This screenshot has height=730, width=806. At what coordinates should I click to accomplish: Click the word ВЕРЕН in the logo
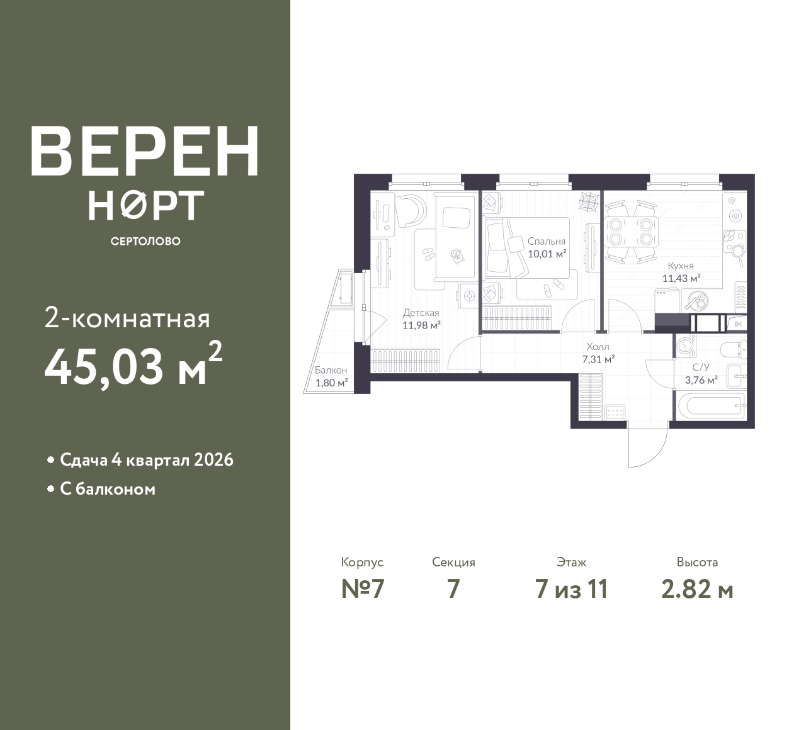click(145, 152)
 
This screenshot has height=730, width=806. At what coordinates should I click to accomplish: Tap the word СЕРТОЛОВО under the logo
click(145, 241)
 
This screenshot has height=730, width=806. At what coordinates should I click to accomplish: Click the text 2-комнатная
click(127, 320)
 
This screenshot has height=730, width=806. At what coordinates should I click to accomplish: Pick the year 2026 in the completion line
click(213, 460)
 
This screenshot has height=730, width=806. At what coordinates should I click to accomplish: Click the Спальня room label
click(547, 241)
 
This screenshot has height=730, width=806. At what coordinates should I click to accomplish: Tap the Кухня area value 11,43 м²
click(681, 278)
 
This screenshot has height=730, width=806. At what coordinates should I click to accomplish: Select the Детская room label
click(421, 312)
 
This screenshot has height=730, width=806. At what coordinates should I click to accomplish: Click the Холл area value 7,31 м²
click(599, 359)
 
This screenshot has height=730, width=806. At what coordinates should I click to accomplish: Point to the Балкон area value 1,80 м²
click(331, 383)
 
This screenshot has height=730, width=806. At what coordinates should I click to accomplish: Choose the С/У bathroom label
click(701, 367)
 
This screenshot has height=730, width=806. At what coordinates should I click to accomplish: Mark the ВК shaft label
click(738, 324)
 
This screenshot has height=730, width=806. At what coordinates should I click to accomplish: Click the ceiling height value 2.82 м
click(698, 590)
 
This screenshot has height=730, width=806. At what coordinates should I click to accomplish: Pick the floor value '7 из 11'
click(571, 590)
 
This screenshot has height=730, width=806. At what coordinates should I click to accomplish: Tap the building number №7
click(363, 590)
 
